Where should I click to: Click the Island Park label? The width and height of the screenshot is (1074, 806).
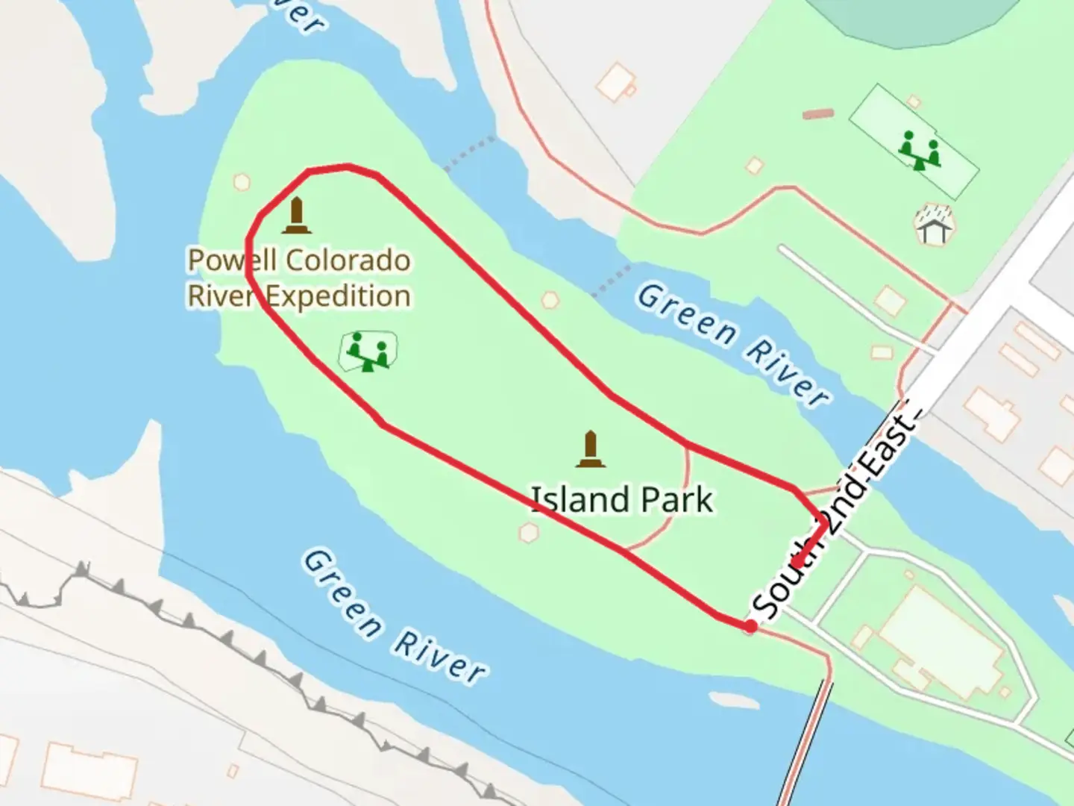[621, 499]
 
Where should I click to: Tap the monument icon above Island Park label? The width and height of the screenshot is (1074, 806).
[591, 449]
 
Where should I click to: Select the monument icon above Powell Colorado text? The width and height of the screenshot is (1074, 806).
[297, 216]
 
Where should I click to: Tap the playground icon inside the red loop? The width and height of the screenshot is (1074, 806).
[368, 351]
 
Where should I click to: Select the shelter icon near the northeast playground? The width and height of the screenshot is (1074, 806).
[933, 225]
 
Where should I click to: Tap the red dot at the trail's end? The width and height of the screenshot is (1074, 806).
[750, 627]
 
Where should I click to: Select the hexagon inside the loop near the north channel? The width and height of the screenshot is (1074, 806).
[550, 300]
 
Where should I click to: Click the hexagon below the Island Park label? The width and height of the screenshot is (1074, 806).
[529, 532]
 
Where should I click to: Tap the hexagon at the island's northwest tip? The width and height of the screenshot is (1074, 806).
[241, 181]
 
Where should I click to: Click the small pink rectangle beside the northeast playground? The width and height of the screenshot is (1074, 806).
[818, 114]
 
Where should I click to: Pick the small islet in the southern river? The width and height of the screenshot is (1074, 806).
[734, 702]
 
